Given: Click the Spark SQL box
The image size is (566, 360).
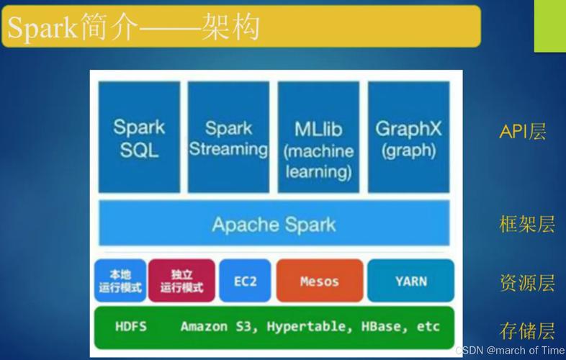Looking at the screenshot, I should click(139, 138).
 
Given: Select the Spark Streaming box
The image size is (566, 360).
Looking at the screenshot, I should click(228, 138).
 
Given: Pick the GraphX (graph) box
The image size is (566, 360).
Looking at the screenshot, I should click(408, 138).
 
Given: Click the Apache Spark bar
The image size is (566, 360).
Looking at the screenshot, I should click(274, 224).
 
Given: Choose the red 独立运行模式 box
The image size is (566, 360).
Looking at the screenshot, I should click(181, 281).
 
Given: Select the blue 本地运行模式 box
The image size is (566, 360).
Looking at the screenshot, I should click(120, 281).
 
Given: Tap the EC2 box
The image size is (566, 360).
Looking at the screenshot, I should click(245, 281).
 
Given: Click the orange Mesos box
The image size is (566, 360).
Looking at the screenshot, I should click(319, 281).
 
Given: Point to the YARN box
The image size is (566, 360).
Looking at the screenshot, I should click(410, 281).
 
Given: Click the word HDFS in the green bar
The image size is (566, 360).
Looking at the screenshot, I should click(131, 326).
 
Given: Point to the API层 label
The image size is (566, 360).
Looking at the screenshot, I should click(523, 132).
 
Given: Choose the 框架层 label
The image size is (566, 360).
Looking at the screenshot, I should click(527, 224).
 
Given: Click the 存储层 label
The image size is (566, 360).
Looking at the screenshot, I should click(527, 330).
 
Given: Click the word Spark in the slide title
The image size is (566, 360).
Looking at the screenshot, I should click(42, 28).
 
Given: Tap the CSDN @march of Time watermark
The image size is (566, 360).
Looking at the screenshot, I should click(510, 350).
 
